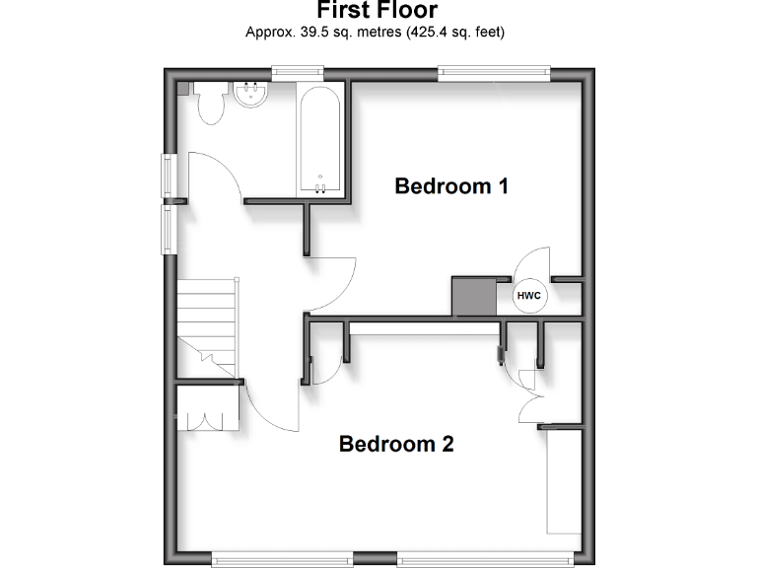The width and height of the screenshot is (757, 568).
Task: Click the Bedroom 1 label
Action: coord(451,185)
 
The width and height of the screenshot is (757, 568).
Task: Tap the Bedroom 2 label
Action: coord(396,444)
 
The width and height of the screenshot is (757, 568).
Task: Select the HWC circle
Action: coord(528,296)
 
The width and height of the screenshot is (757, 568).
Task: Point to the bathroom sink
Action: coord(250,95)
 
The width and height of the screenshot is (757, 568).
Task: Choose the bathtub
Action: coord(320,141)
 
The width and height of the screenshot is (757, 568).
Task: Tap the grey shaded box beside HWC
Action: coord(472,296)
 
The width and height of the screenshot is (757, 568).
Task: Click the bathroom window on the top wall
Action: coord(298,70)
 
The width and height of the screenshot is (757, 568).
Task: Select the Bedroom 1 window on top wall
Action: coord(493,70)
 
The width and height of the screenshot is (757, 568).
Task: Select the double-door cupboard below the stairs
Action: coord(207,407)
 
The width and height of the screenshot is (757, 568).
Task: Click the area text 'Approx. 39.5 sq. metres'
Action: coord(375,32)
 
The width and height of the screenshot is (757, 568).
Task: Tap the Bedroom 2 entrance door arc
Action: coord(268,404)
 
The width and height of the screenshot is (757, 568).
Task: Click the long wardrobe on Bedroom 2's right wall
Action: coord(562,483)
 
